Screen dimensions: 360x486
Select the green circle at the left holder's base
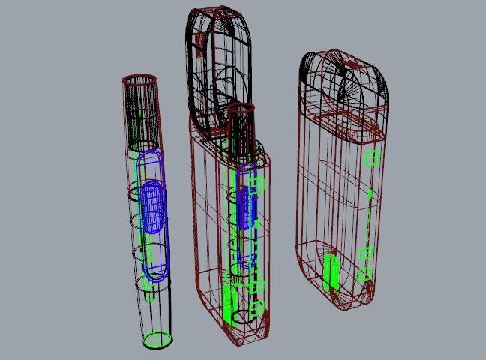[157, 340]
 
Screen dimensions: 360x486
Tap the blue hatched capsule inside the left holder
[152, 207]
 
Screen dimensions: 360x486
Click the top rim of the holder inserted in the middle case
[241, 109]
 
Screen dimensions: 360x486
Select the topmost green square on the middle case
[257, 182]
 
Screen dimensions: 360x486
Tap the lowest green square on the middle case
[257, 307]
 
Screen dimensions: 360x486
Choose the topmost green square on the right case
[372, 158]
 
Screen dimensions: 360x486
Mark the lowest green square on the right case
[363, 274]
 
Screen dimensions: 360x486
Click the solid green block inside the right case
[330, 271]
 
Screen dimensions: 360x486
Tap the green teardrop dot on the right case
[370, 194]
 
